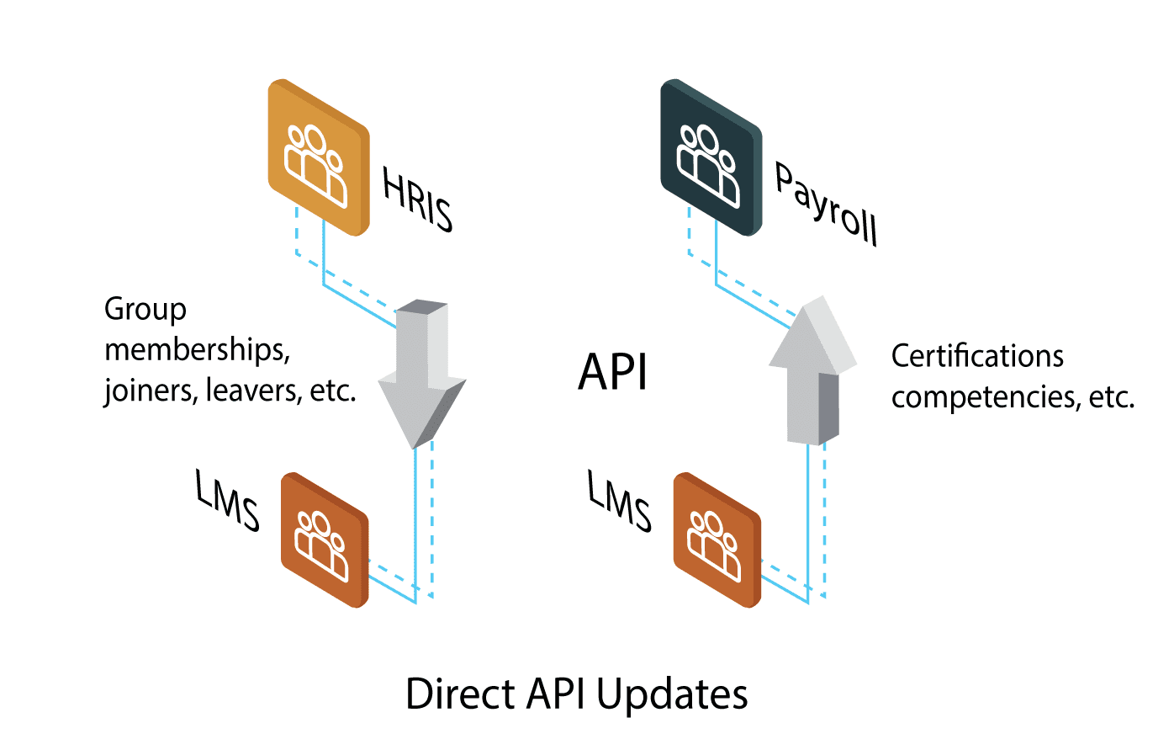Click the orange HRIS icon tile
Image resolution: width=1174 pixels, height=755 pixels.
point(318,158)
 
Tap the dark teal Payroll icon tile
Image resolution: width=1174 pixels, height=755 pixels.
point(711,158)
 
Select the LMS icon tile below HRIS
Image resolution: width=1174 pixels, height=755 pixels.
point(325,540)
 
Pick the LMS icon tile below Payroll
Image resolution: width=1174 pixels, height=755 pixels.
point(717,540)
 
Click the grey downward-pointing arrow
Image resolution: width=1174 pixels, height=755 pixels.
point(421,375)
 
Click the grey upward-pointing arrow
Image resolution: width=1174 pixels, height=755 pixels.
point(812,370)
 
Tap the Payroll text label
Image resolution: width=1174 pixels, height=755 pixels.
point(826,205)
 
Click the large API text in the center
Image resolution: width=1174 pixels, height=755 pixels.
point(613,372)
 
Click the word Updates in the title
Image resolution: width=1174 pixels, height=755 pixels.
point(672,694)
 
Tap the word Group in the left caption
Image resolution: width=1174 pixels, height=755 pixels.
point(145,310)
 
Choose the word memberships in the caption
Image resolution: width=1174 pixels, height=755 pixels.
point(197,349)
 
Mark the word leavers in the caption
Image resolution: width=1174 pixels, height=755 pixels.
point(253,391)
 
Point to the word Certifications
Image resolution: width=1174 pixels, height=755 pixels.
point(977,356)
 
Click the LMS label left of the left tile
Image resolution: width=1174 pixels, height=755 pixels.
point(227,501)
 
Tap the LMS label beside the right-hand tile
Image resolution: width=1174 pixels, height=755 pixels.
point(619,502)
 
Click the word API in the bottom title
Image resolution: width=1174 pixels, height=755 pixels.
point(557,694)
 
